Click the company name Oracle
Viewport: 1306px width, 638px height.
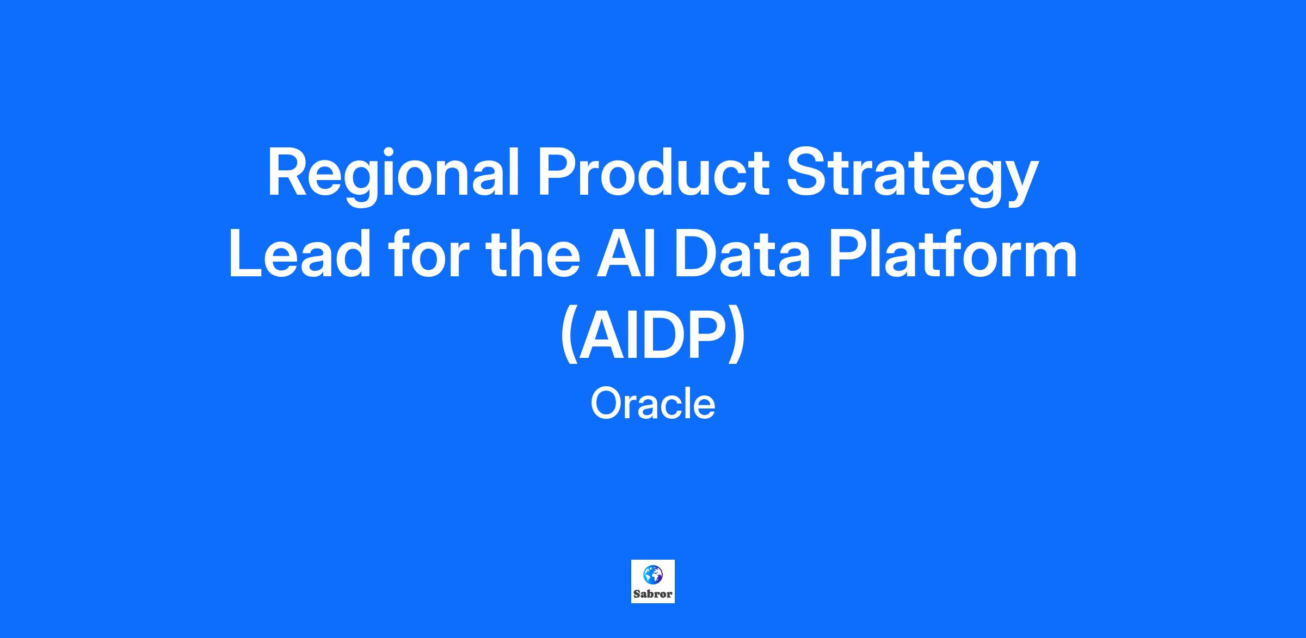[x=653, y=404]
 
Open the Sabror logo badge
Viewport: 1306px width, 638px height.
[x=653, y=581]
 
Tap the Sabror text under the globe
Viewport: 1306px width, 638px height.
[x=653, y=594]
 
